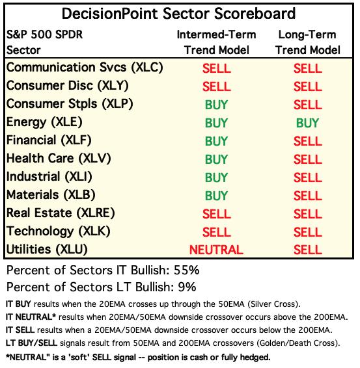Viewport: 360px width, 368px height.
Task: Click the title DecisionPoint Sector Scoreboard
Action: pyautogui.click(x=178, y=14)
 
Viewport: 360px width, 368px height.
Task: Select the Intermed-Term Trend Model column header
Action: pyautogui.click(x=216, y=42)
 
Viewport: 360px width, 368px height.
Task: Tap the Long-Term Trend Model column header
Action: pyautogui.click(x=308, y=42)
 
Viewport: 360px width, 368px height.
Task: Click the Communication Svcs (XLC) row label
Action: pyautogui.click(x=85, y=68)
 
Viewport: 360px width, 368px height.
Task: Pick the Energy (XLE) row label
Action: pyautogui.click(x=44, y=122)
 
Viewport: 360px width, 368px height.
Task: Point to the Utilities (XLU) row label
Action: pyautogui.click(x=47, y=250)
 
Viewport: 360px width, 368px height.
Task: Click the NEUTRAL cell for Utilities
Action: pyautogui.click(x=216, y=250)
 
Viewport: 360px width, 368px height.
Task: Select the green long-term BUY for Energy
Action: pyautogui.click(x=307, y=123)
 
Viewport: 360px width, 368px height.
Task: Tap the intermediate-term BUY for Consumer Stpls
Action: pyautogui.click(x=216, y=105)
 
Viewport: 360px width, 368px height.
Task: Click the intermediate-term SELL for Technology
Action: pyautogui.click(x=216, y=232)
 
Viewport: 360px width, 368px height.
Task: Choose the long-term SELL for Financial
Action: pyautogui.click(x=308, y=141)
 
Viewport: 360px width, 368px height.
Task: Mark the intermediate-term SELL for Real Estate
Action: pyautogui.click(x=216, y=214)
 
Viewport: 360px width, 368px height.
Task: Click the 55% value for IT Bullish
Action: pyautogui.click(x=187, y=270)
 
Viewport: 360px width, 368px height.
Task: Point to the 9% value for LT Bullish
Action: pyautogui.click(x=187, y=287)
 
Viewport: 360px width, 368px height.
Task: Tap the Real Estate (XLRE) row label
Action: pyautogui.click(x=61, y=213)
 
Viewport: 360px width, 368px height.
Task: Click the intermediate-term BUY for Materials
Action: pyautogui.click(x=216, y=196)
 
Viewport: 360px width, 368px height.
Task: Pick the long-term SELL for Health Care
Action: pyautogui.click(x=308, y=159)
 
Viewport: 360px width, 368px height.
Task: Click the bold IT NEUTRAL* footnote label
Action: pyautogui.click(x=31, y=317)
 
